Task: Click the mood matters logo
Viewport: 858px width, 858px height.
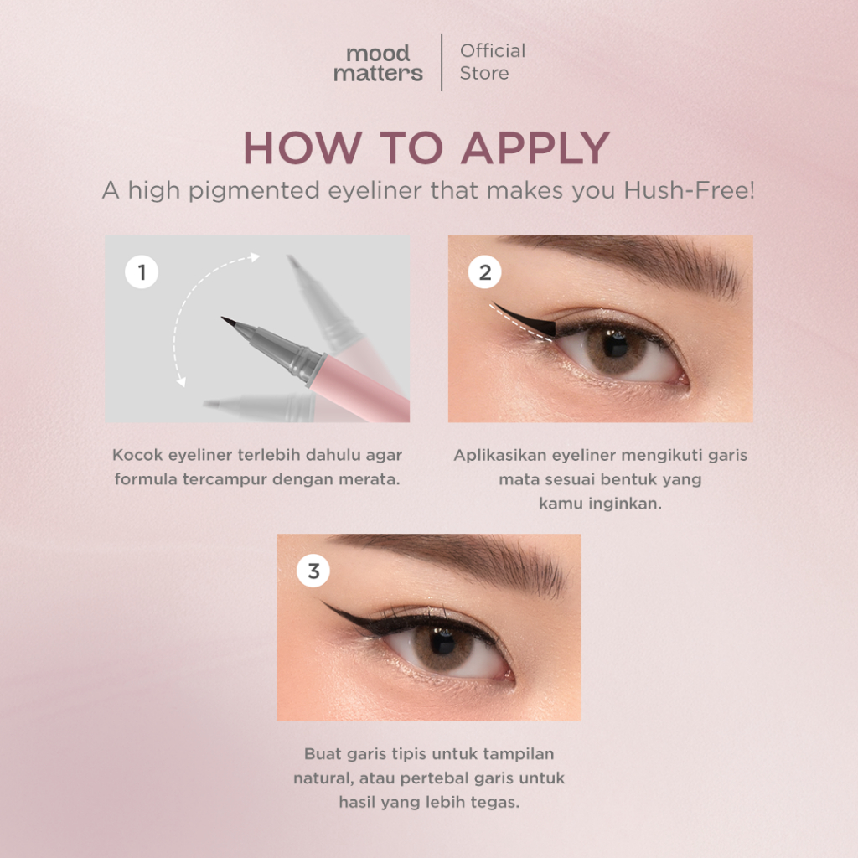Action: (378, 63)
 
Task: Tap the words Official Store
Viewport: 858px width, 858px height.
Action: (493, 62)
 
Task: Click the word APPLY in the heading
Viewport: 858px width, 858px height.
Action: (535, 147)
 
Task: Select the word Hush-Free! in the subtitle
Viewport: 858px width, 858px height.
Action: (690, 190)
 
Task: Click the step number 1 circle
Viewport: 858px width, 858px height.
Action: (142, 272)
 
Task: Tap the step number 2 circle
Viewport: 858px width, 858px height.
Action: (485, 272)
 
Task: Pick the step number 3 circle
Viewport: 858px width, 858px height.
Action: (313, 571)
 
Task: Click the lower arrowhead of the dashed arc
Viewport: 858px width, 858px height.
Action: (182, 381)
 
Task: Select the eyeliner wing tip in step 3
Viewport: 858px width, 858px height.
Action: (323, 602)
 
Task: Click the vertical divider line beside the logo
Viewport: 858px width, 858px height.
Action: (442, 62)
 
